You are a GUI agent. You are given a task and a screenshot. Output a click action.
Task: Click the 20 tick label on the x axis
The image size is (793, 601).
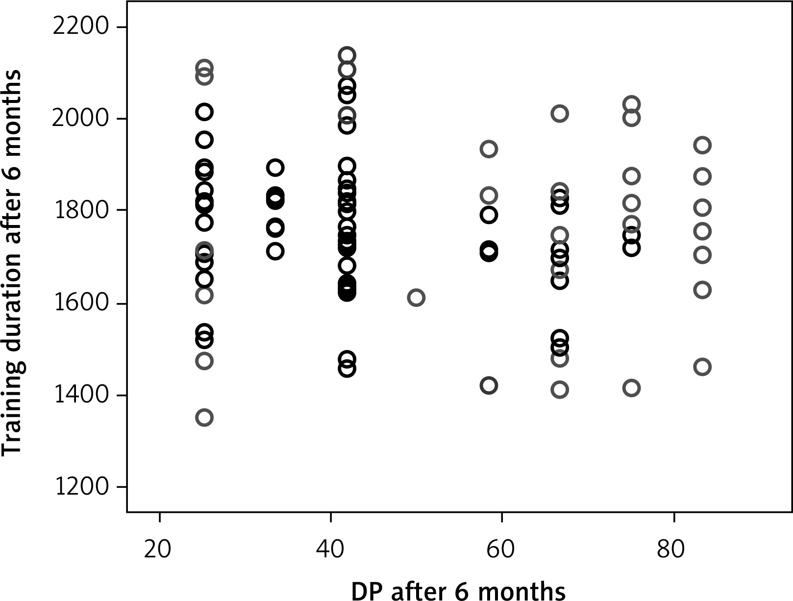coord(158,550)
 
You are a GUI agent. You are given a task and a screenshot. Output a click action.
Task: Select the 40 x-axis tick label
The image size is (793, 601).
coord(329,550)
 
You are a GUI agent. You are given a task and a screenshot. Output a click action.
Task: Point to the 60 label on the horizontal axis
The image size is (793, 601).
coord(501,550)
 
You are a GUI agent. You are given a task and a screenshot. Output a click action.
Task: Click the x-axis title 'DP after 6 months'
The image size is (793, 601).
coord(458,590)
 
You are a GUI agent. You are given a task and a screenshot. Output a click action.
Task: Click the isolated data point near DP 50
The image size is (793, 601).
coord(416,298)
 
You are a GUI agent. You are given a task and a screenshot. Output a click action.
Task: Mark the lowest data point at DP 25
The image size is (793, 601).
coord(204,418)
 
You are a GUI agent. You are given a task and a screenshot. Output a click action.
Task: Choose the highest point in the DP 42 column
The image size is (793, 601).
coord(347,55)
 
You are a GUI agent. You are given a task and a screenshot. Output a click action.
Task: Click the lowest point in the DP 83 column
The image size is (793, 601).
coord(702,367)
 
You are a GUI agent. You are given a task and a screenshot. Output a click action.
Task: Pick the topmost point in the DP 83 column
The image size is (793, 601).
coord(702,145)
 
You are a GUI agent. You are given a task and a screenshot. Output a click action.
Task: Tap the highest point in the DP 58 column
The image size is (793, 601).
coord(489,149)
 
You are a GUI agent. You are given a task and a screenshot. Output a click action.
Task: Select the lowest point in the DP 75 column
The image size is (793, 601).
coord(632,388)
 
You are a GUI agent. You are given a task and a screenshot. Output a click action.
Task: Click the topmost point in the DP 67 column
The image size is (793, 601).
coord(559,114)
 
